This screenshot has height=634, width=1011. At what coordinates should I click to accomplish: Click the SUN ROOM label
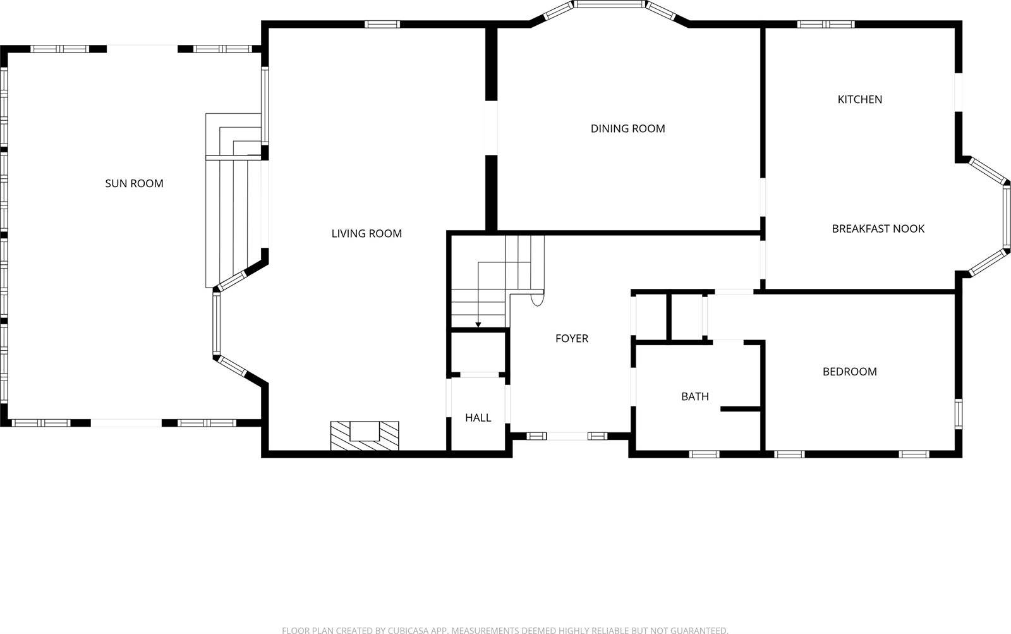(x=134, y=183)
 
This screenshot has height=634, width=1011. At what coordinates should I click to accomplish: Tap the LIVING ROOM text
(x=366, y=233)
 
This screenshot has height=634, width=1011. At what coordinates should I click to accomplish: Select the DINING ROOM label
(x=627, y=128)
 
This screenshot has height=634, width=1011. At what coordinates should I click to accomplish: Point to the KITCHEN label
(x=859, y=99)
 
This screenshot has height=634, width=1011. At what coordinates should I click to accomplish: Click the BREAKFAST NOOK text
(x=878, y=229)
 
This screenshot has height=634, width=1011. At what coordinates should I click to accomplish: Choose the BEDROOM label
(x=849, y=372)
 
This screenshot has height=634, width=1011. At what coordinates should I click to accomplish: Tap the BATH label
(x=694, y=396)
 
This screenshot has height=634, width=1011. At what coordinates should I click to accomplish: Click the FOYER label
(x=571, y=338)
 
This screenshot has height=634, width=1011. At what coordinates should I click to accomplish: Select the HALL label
(x=478, y=417)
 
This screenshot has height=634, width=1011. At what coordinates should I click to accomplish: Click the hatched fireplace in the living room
(x=365, y=436)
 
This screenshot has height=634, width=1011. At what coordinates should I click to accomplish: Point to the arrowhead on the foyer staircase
(x=478, y=325)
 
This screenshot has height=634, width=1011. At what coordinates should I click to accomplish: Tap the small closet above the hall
(x=478, y=351)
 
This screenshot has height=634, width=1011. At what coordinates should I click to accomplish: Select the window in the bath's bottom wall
(x=704, y=454)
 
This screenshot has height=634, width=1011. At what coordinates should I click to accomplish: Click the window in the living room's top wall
(x=382, y=25)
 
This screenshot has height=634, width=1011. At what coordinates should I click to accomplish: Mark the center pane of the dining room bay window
(x=609, y=4)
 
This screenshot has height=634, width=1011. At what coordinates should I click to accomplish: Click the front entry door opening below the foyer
(x=567, y=436)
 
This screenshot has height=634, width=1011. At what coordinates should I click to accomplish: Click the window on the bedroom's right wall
(x=958, y=415)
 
